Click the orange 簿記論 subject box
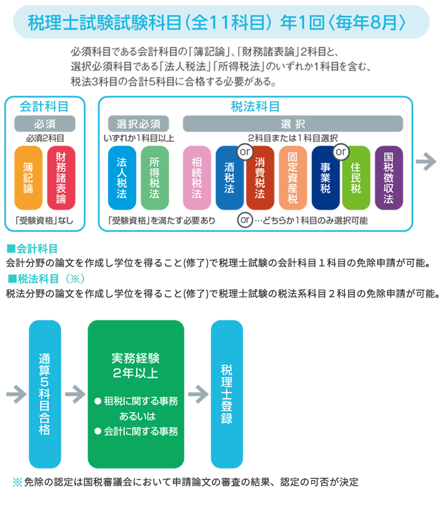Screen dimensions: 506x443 [x=28, y=179]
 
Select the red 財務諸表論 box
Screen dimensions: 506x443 [x=61, y=179]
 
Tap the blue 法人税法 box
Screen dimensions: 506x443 [x=122, y=179]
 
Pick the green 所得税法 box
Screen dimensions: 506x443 [x=154, y=179]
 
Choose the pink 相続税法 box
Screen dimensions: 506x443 [x=197, y=179]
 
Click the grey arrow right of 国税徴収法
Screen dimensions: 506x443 [x=425, y=162]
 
